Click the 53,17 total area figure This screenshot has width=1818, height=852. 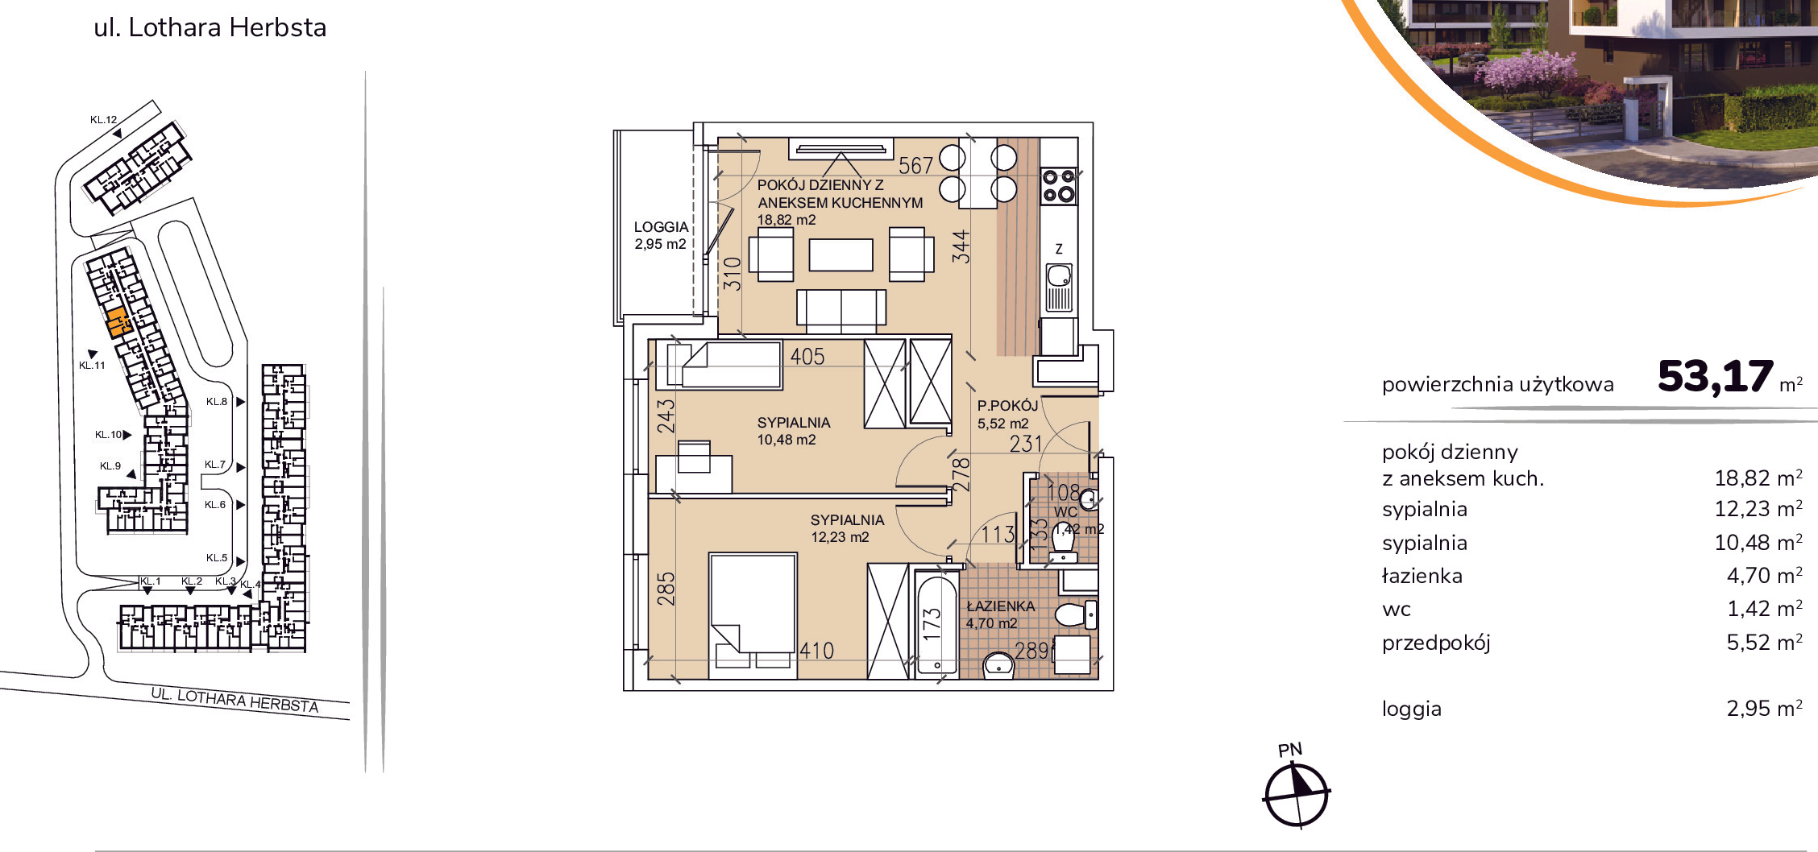coord(1716,377)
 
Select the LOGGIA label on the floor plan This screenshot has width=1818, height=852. coord(661,227)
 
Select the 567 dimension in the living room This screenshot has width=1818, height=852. coord(915,166)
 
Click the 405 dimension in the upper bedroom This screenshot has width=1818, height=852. coord(807,357)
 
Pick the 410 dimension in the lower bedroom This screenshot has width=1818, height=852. coord(816,651)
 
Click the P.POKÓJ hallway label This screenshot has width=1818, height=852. coord(1007,406)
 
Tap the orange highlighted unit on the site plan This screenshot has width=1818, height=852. coord(118,322)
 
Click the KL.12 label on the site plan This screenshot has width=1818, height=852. coord(103,120)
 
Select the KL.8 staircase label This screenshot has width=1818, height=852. coord(216,402)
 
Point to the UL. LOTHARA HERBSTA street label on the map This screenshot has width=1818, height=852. coord(235,700)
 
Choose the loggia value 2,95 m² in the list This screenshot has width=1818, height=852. coord(1764,709)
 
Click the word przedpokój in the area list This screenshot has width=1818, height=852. coord(1436,643)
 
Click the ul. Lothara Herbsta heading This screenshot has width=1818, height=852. coord(210,27)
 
